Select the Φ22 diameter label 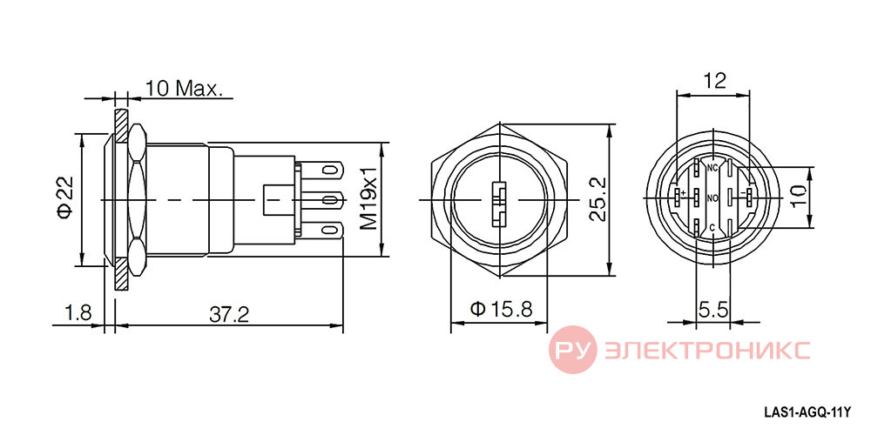pos(65,199)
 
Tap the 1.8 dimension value pos(78,314)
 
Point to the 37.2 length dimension pos(229,315)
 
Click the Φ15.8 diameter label pos(502,309)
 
